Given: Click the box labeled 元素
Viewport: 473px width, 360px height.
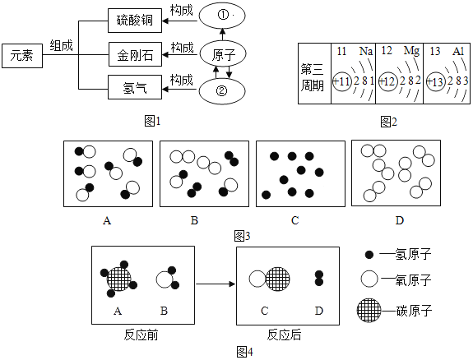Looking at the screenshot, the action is point(22,55).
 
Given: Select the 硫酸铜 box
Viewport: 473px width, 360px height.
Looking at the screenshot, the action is point(135,21).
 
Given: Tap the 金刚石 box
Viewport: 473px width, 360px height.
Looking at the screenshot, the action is point(135,54).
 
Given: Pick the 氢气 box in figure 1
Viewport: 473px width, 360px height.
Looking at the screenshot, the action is point(135,87).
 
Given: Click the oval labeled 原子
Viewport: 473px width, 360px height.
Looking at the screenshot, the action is point(223,54).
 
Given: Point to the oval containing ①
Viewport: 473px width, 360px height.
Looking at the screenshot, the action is point(222,15).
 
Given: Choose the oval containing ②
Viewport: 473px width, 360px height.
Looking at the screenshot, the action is point(222,91).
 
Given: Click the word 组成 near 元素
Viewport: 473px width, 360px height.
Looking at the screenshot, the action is point(61,45).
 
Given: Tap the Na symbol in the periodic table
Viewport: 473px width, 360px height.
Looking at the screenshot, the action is point(366,51).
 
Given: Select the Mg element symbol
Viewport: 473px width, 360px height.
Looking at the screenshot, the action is point(411,51).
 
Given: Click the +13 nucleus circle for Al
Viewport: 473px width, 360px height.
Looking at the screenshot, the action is point(435,81).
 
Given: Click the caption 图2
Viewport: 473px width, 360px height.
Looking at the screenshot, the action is point(388,122).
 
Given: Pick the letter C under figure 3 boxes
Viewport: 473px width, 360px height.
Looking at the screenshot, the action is point(295,220).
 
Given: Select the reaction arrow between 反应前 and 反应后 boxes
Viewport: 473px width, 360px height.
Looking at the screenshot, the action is point(216,284).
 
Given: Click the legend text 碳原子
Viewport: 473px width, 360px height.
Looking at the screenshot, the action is point(414,311).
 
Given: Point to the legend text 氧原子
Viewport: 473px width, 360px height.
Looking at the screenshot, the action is point(413,279).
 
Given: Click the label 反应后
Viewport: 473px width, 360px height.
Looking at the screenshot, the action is point(284,335).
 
